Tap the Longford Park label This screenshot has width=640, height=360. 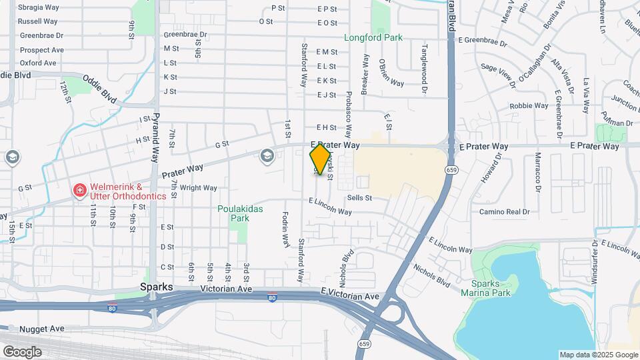click(373, 38)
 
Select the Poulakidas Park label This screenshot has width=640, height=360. click(240, 213)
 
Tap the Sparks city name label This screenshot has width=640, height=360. click(157, 287)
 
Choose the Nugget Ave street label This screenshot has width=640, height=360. click(42, 329)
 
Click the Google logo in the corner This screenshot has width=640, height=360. click(22, 351)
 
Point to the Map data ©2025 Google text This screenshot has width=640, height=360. click(598, 355)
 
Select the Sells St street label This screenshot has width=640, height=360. click(359, 198)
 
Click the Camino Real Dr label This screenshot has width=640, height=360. click(504, 212)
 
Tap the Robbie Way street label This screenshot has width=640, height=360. click(528, 106)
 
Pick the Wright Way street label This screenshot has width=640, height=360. click(199, 188)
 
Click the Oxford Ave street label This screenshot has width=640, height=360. click(38, 63)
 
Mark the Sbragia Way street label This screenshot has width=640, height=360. click(39, 7)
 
